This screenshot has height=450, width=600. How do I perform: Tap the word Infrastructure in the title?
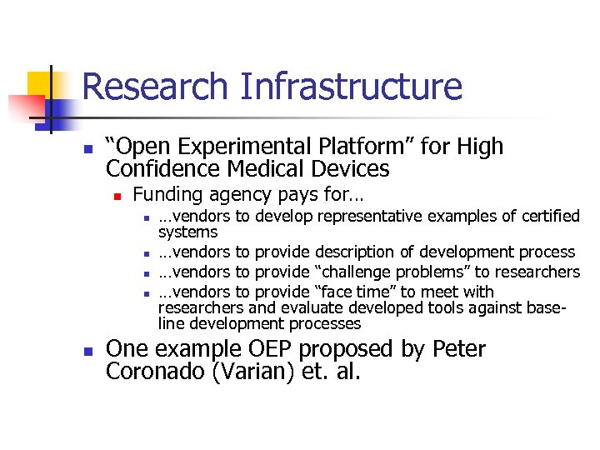[x=349, y=87]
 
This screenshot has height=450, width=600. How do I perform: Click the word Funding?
[x=167, y=196]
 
